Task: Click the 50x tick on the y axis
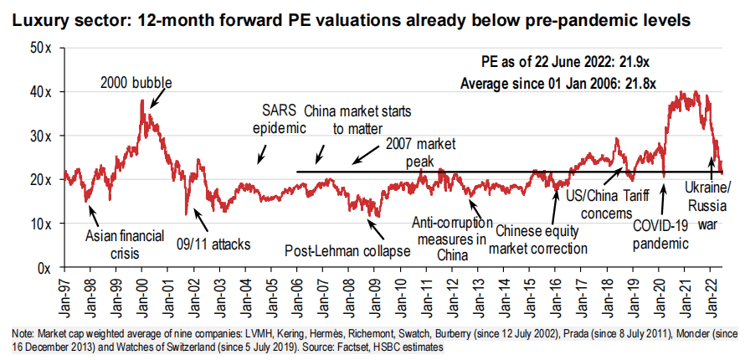coord(40,48)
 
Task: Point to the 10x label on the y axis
coord(40,224)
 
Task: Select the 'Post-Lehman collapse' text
coord(347,250)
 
